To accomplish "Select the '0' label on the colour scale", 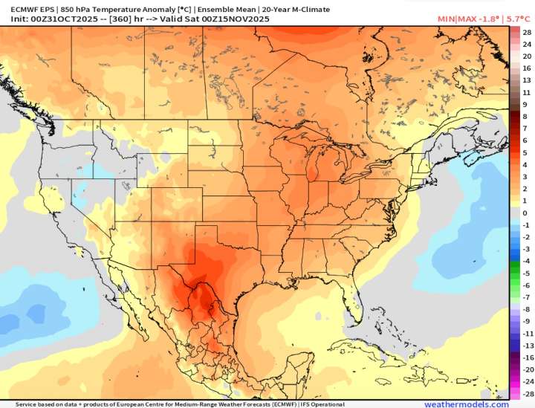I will coord(526,213).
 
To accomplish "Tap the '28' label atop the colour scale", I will coord(526,33).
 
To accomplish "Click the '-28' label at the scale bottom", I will coord(526,393).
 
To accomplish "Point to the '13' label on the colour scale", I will coord(526,80).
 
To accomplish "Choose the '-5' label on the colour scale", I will coord(526,273).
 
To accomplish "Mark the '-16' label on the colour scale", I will coord(526,357).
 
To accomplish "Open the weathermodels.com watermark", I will coord(467,404).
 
